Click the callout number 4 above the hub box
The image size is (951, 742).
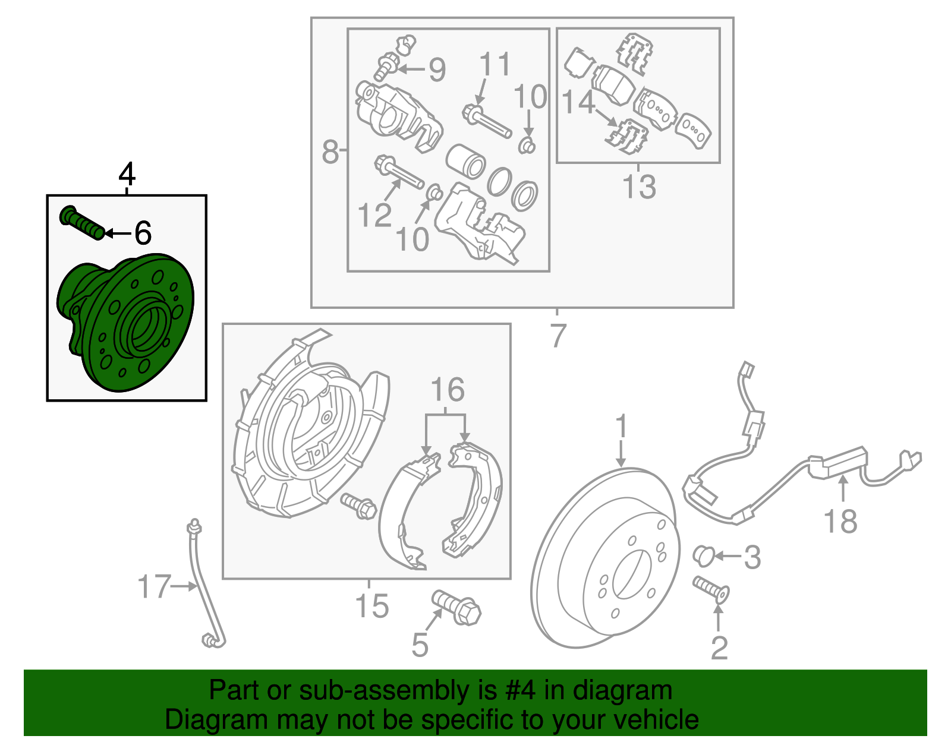coord(127,174)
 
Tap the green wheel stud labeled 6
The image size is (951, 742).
coord(82,222)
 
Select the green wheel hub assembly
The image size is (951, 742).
coord(125,322)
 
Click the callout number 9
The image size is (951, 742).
coord(437,70)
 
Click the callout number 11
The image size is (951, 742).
coord(495,64)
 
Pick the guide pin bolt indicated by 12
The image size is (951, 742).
coord(399,172)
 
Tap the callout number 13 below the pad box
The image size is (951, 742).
coord(639,187)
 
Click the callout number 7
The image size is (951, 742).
coord(558,336)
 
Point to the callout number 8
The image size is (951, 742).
coord(330,151)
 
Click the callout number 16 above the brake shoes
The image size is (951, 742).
coord(448,389)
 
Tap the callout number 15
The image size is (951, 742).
coord(371,605)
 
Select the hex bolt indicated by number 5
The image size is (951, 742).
coord(456,607)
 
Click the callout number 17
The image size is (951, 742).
coord(153,586)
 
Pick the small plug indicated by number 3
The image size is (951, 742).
coord(704,555)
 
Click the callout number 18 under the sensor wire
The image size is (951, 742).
coord(840,521)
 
